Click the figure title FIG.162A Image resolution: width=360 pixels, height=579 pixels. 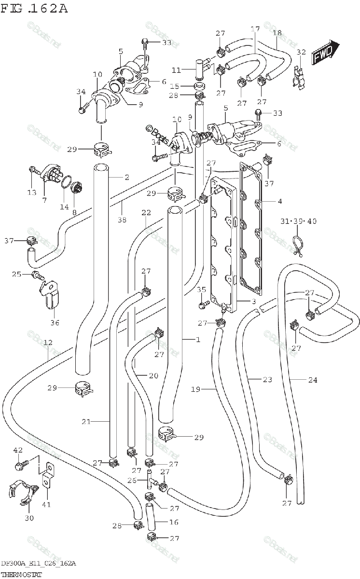(x=34, y=9)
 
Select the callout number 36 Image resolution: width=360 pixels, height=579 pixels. (x=55, y=322)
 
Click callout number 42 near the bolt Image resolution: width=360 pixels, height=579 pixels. (x=18, y=450)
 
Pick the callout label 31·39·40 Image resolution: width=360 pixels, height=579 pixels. (x=298, y=221)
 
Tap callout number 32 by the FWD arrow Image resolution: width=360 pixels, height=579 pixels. (x=301, y=52)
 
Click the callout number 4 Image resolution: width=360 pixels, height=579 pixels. (x=279, y=201)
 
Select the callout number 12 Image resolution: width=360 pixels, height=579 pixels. (x=48, y=343)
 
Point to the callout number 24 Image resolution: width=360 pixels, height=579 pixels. (x=313, y=380)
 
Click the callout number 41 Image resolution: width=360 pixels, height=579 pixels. (x=47, y=504)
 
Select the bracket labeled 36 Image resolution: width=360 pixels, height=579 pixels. (x=52, y=296)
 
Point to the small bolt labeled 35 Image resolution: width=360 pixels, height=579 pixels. (x=203, y=304)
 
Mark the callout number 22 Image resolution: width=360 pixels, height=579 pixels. (x=146, y=212)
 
